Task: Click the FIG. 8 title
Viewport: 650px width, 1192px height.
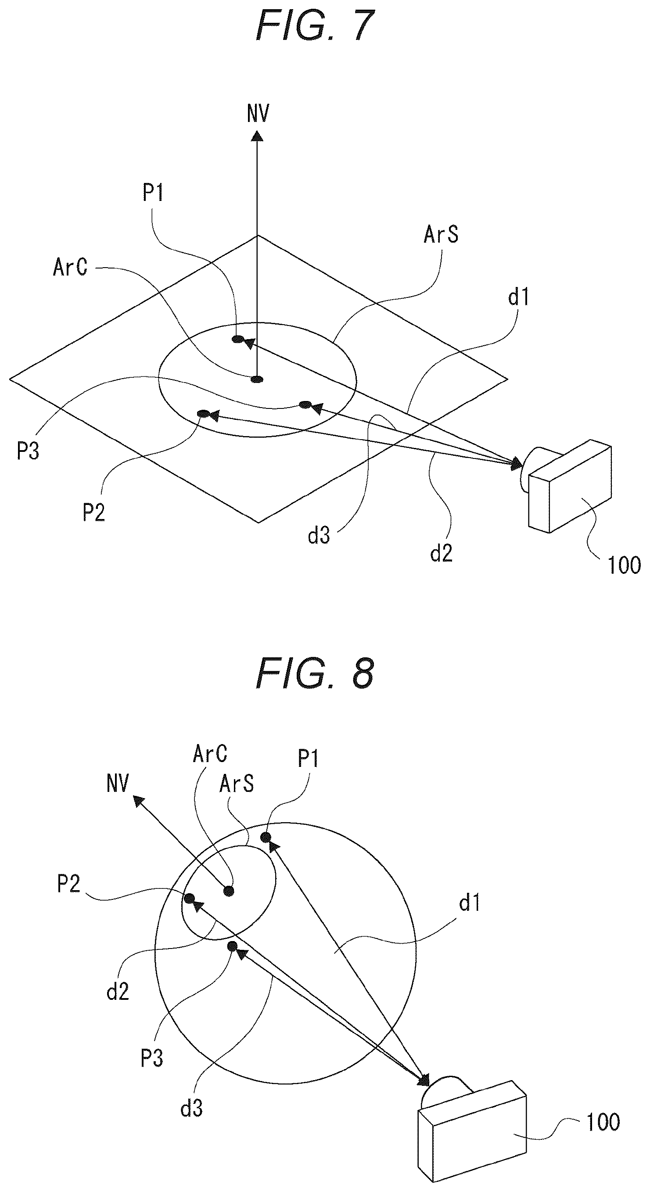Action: pos(315,674)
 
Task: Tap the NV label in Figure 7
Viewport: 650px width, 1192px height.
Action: pos(258,113)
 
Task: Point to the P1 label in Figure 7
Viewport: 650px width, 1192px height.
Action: pos(153,193)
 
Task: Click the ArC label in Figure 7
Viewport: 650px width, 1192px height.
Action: pos(70,268)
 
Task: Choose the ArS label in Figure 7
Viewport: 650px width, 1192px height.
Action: pos(441,235)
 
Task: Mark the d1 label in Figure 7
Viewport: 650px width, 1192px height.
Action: pos(518,297)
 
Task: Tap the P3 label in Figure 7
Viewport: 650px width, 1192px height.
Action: pos(28,451)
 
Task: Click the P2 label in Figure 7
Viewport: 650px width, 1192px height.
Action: pos(93,512)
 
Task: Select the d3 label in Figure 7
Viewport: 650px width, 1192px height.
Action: pos(319,535)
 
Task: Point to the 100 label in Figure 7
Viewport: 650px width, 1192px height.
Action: pos(624,565)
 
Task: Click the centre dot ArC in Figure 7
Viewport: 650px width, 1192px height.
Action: pos(257,379)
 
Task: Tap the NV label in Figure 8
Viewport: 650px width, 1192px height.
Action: pos(118,784)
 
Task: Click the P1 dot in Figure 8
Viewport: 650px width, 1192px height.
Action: pos(266,837)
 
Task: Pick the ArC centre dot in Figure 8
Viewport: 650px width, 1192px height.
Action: pos(229,891)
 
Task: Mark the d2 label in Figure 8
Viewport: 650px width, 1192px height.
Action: pos(118,992)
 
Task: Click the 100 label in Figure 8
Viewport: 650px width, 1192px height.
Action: pos(603,1122)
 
